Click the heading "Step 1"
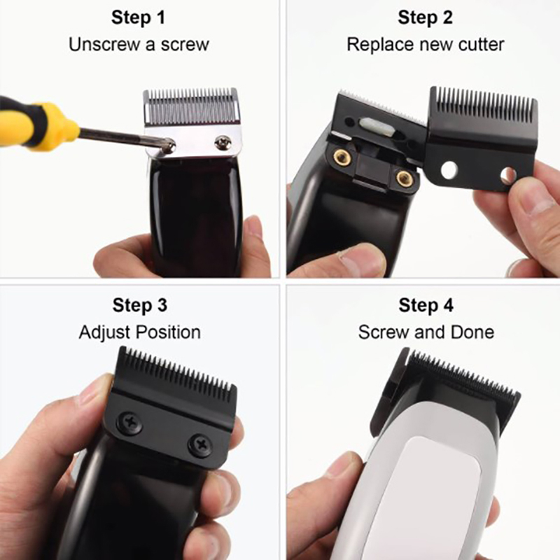(x=138, y=17)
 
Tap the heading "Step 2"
(x=425, y=17)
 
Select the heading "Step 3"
(x=139, y=305)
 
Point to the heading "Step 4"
(x=426, y=305)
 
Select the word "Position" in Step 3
(x=169, y=332)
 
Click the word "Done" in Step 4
(x=472, y=332)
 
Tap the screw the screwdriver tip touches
(x=168, y=146)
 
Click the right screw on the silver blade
(x=223, y=143)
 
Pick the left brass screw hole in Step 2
(x=342, y=157)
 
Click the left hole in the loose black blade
(x=449, y=170)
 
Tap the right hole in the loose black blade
(x=508, y=174)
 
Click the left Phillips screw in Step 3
(x=130, y=423)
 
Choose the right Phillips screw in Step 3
(x=199, y=445)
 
